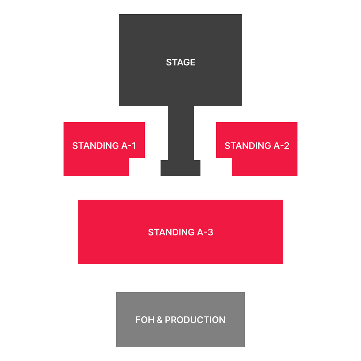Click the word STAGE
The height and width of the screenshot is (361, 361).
pyautogui.click(x=180, y=62)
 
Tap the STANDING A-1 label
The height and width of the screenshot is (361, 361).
pyautogui.click(x=104, y=146)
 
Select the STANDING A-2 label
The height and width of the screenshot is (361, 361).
pyautogui.click(x=257, y=146)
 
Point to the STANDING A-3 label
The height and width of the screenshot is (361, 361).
pyautogui.click(x=180, y=232)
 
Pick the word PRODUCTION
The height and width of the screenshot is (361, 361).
pyautogui.click(x=195, y=320)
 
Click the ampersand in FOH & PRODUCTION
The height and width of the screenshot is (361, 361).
pyautogui.click(x=159, y=320)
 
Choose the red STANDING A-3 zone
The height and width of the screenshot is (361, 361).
pyautogui.click(x=180, y=250)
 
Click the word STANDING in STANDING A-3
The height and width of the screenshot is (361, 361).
pyautogui.click(x=171, y=232)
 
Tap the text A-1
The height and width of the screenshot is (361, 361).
pyautogui.click(x=129, y=146)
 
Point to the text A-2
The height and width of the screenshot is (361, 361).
pyautogui.click(x=281, y=146)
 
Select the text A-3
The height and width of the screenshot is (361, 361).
pyautogui.click(x=205, y=232)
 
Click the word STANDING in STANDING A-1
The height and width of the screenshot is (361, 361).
pyautogui.click(x=96, y=146)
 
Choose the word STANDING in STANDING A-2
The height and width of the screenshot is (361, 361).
pyautogui.click(x=248, y=146)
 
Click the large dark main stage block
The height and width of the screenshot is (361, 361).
pyautogui.click(x=180, y=38)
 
